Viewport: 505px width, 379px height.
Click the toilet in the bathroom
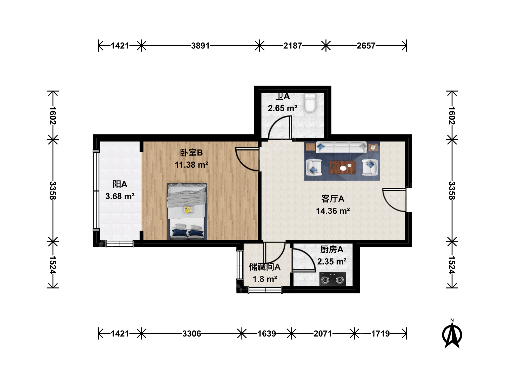(x=309, y=103)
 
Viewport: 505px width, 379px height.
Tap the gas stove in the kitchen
(x=332, y=279)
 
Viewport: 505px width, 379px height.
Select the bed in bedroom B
(x=187, y=211)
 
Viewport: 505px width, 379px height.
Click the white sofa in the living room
(x=341, y=147)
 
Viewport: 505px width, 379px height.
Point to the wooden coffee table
(x=342, y=167)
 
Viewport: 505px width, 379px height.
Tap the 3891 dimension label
(x=200, y=46)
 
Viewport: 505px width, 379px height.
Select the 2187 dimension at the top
(x=292, y=46)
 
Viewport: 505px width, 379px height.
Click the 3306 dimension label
(x=191, y=333)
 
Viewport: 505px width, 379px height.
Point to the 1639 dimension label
(x=267, y=333)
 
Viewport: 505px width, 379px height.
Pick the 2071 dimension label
(x=323, y=333)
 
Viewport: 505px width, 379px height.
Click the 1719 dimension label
(x=381, y=333)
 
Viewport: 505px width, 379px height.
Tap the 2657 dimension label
(x=366, y=46)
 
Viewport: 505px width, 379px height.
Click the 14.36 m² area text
(x=333, y=211)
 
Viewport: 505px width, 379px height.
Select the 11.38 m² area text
(x=191, y=165)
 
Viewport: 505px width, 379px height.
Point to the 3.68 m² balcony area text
(x=120, y=196)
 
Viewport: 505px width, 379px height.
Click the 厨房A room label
(x=332, y=250)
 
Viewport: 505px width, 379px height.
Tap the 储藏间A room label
(x=265, y=267)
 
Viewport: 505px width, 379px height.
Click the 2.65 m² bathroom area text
(x=282, y=108)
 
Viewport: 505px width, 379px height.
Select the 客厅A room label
(x=333, y=199)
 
